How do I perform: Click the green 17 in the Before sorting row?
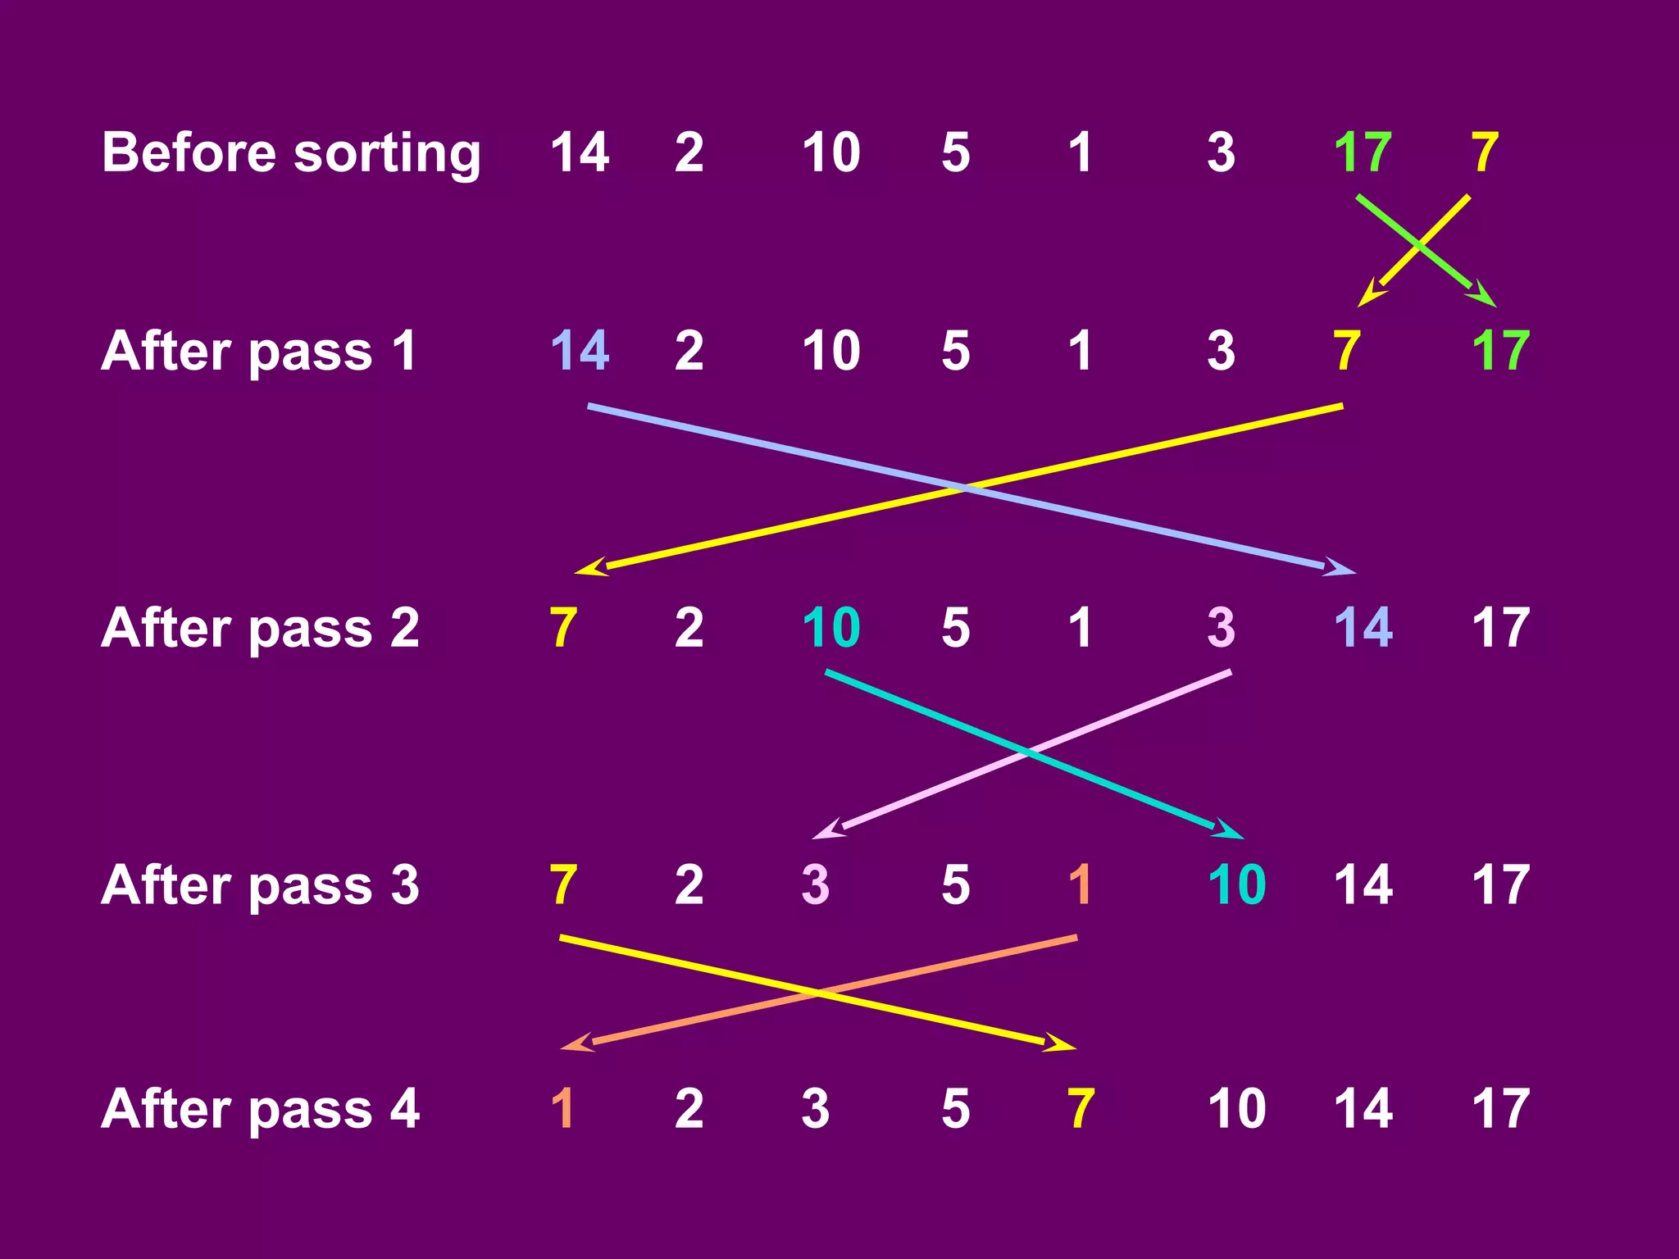pos(1363,152)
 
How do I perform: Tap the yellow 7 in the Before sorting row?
pos(1485,152)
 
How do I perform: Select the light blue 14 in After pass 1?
pos(580,351)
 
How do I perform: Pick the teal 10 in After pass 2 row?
pos(830,628)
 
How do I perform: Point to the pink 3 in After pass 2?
pos(1221,628)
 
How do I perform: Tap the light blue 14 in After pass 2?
pos(1363,628)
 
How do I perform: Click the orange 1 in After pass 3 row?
pos(1081,885)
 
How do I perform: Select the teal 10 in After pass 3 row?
pos(1236,885)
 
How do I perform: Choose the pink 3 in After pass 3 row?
pos(815,885)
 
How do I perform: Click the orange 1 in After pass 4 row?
pos(562,1108)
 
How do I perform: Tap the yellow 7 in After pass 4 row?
pos(1081,1108)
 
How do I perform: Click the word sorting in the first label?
pos(387,154)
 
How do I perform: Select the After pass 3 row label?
pos(260,885)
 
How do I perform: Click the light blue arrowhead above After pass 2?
pos(1341,567)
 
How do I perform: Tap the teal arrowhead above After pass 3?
pos(1230,829)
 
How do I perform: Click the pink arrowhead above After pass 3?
pos(827,829)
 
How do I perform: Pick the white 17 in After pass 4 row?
pos(1500,1108)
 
